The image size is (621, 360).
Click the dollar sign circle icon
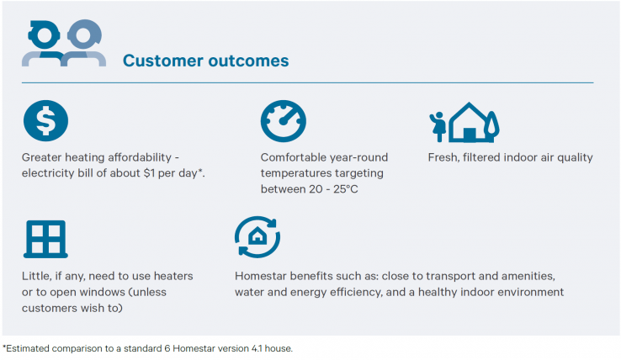coord(45,121)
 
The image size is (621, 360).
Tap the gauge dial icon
coord(284,121)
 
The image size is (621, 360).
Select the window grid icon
coord(45,239)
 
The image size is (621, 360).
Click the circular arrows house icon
coord(257,237)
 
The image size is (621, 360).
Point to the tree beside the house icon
coord(491,125)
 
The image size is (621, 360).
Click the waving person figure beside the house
coord(438,126)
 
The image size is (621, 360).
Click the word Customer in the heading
coord(162,61)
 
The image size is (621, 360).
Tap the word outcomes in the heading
coord(248,61)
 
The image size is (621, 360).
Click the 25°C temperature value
coord(345,189)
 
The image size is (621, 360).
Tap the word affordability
coord(140,157)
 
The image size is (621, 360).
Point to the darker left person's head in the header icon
coord(44,35)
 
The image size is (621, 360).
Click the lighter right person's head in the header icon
coord(84,34)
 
